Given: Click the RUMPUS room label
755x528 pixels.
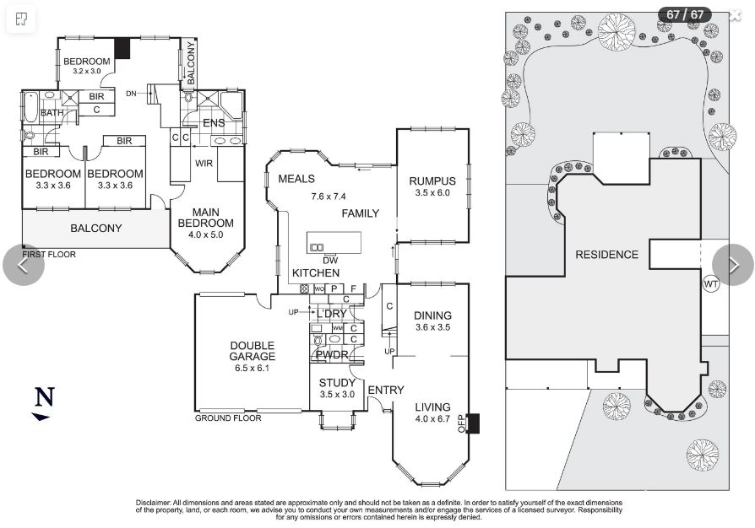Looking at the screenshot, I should pos(432,180).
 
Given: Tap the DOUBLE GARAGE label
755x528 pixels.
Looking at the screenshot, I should pos(253,351).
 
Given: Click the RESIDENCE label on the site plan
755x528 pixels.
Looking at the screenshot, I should pos(606,254).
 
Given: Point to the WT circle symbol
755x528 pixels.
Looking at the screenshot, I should pos(711,284).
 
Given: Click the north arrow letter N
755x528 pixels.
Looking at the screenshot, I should pos(44,396).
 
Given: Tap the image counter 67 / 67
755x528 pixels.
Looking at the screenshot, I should pos(685,14).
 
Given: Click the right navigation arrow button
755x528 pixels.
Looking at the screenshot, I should pos(732,265).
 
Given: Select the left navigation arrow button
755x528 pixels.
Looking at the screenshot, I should pos(23,265).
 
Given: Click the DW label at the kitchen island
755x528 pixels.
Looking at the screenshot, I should pos(329,260).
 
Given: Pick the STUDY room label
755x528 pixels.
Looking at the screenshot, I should pos(337,383).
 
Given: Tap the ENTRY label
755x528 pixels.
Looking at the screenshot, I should pos(385,390).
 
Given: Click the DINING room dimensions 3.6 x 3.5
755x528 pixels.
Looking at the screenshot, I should pos(432,327).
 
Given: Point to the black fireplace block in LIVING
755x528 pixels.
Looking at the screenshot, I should pos(472,423).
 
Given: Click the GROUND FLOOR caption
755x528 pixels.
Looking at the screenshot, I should pos(224,418).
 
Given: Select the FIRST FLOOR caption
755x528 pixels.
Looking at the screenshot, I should pos(49,254).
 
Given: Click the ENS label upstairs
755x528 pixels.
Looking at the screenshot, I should pos(214,123).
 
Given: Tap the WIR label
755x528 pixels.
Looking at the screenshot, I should pos(204,163).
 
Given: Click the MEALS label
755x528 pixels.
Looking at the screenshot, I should pos(296,179).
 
